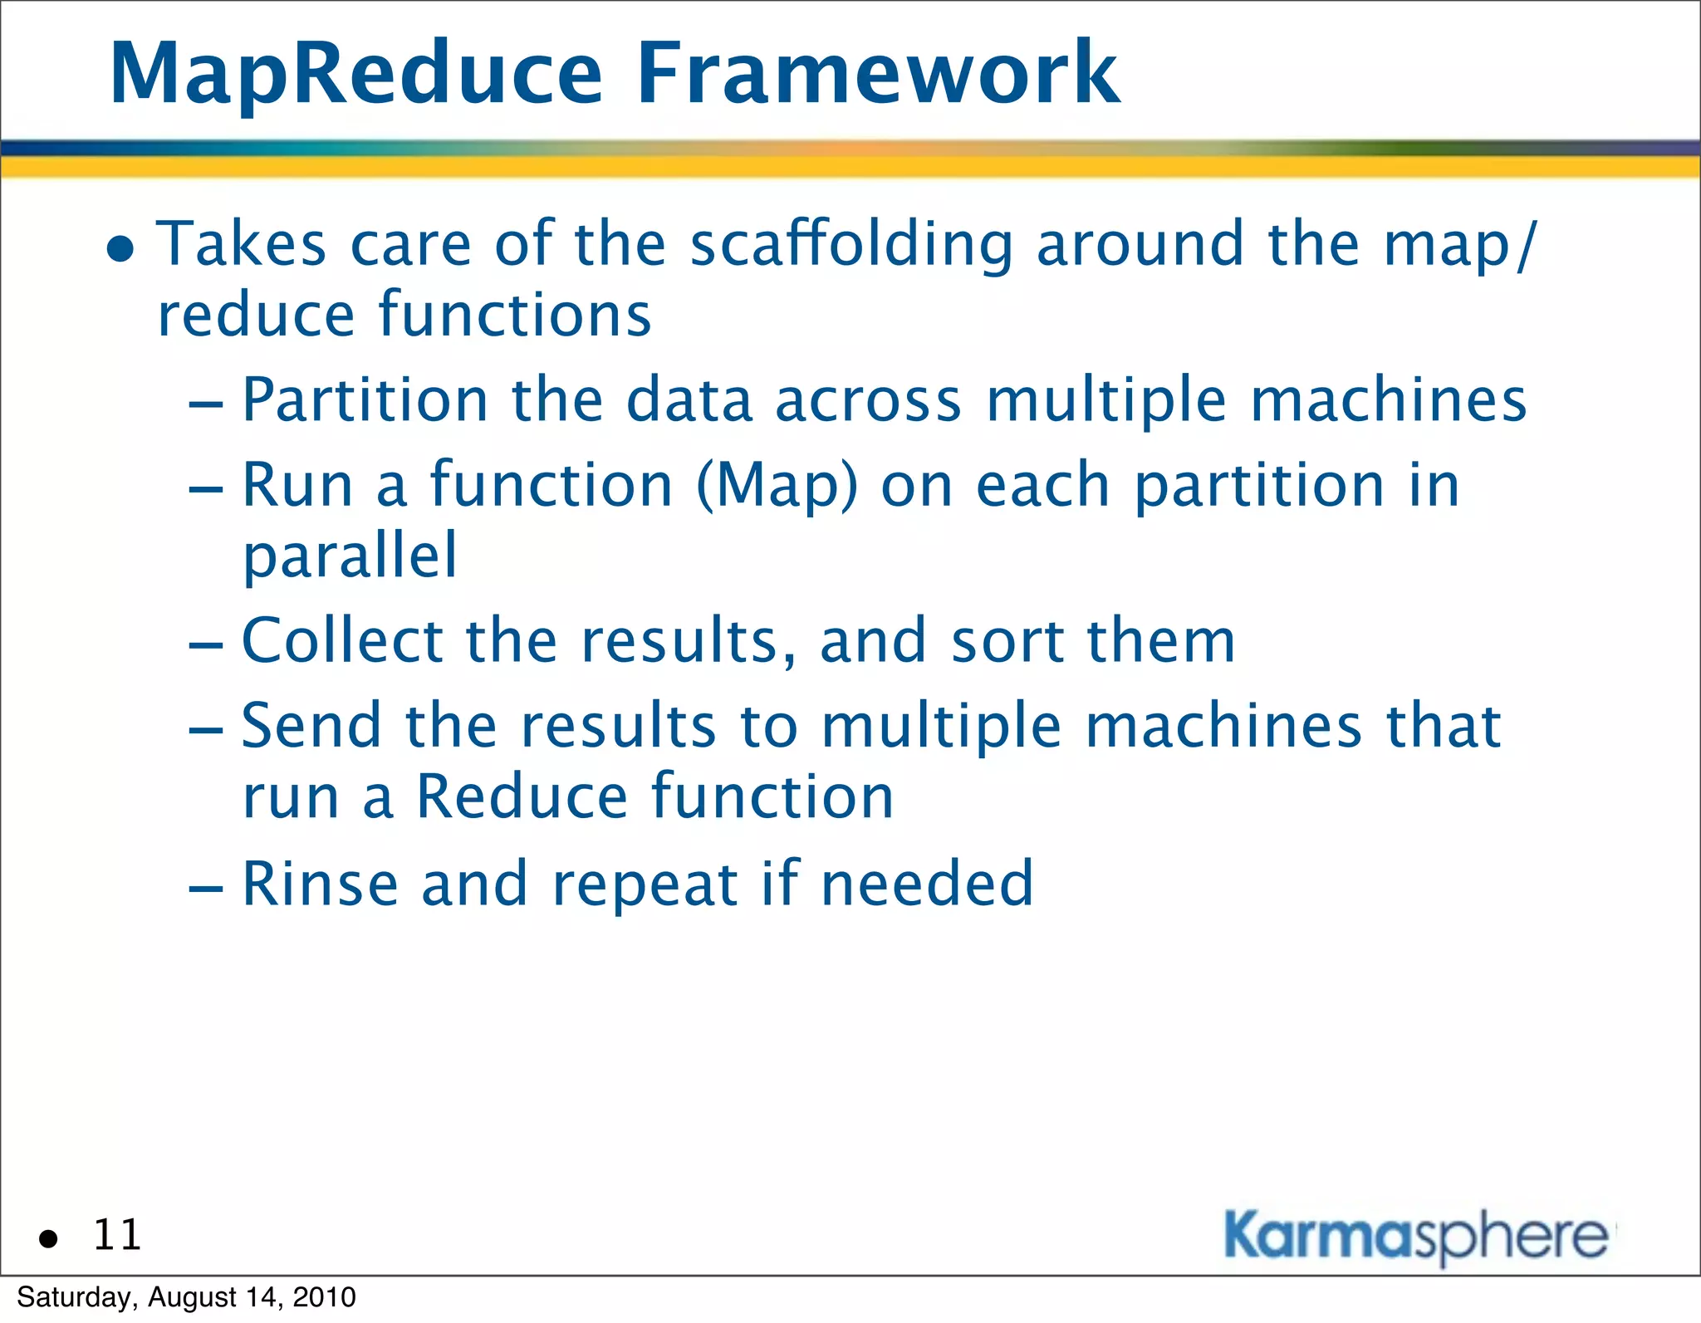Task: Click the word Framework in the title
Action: coord(878,75)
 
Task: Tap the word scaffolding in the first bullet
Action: coord(851,246)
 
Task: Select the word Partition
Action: coord(365,401)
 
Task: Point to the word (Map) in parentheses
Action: coord(777,487)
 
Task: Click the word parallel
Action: coord(350,557)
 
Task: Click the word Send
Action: coord(311,726)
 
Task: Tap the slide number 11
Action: coord(117,1235)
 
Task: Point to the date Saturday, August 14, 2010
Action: coord(186,1297)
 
